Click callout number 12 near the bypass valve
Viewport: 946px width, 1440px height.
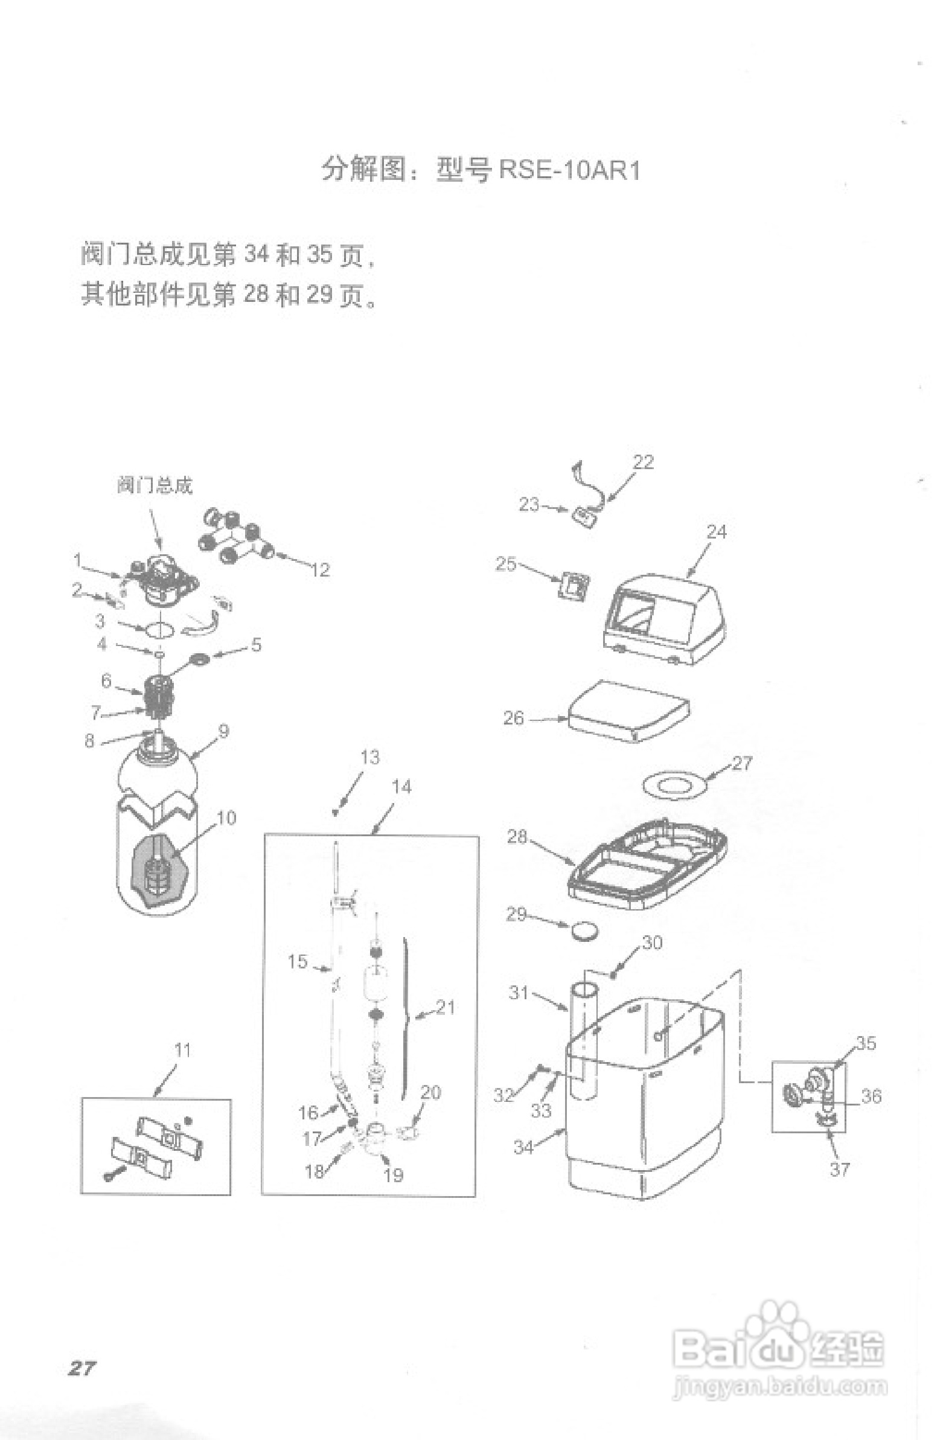click(320, 569)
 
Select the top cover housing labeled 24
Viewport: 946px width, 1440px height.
click(665, 620)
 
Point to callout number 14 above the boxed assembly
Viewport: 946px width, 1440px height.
click(401, 787)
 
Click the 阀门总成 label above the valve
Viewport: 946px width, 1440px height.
click(155, 486)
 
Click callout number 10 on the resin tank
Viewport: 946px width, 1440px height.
click(226, 818)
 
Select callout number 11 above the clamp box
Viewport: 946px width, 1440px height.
click(182, 1050)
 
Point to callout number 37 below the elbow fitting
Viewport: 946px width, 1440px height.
click(840, 1169)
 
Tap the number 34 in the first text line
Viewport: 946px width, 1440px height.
click(257, 254)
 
